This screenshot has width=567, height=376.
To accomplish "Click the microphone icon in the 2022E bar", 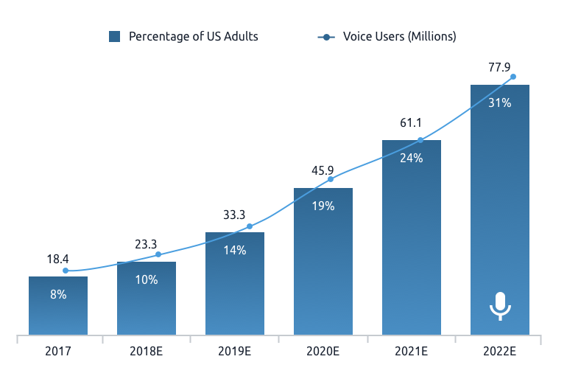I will tap(500, 305).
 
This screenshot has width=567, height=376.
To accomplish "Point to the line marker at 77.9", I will tap(513, 77).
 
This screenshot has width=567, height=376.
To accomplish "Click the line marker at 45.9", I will tap(331, 179).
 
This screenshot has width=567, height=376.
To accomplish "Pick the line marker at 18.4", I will tap(66, 271).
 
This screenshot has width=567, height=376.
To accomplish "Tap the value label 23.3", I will tap(146, 244).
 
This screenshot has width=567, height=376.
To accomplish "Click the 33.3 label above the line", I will tap(234, 215).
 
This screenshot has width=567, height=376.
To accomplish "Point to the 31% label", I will tap(500, 103).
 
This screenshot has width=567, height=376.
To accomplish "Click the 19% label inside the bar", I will tap(323, 206).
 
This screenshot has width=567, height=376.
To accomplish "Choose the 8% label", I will tap(58, 294).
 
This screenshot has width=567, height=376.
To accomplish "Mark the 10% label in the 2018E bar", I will tap(147, 279).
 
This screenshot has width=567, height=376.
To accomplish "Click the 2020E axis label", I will tap(323, 352).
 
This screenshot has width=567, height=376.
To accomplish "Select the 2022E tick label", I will tap(500, 352).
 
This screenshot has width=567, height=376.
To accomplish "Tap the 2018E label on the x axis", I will tap(147, 352).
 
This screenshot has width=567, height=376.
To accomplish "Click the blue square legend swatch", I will tap(114, 37).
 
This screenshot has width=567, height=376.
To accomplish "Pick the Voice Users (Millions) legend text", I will tap(400, 37).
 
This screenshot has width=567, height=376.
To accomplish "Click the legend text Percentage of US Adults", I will tap(194, 37).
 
